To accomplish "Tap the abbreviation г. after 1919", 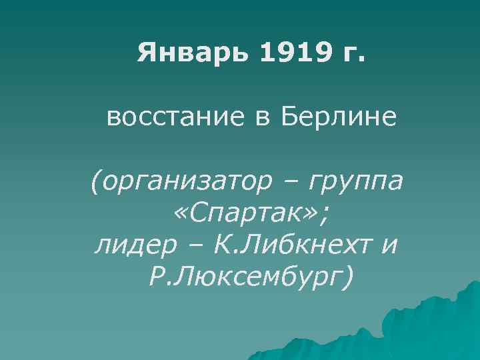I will [x=353, y=53].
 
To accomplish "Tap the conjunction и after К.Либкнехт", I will [x=390, y=247].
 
